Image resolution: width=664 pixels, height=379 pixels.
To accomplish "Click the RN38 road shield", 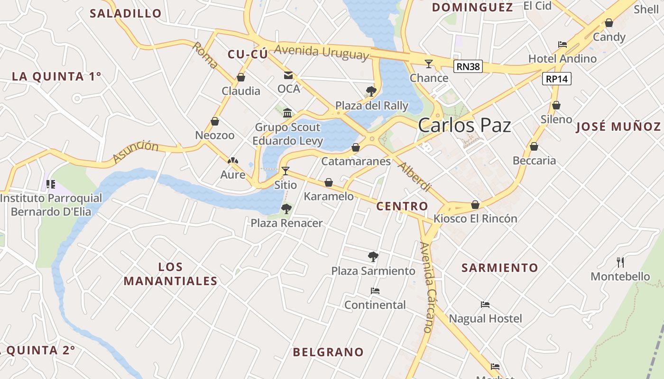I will point(468,66).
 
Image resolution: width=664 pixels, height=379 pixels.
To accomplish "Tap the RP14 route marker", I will point(557,79).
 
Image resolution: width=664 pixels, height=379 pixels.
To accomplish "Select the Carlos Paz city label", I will point(464,125).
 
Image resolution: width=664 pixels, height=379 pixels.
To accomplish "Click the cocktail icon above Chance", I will point(429,63).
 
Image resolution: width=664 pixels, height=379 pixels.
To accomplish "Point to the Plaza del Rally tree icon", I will point(371,91).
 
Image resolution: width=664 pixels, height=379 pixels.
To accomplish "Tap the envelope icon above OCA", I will point(288,75).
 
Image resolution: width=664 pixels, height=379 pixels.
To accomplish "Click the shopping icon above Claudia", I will point(241,77).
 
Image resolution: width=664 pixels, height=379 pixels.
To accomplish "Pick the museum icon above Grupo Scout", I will point(287,113).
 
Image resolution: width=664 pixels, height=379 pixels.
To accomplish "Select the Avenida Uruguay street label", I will point(321,52).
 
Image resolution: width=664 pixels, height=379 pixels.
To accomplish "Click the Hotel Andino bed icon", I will point(563,45).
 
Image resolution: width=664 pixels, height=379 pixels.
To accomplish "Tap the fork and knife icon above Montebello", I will point(620,262).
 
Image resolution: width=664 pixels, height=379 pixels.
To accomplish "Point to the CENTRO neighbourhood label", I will point(402,206).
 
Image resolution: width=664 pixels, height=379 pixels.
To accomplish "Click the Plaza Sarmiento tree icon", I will point(373,257).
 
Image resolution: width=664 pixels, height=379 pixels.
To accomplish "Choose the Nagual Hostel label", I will point(485,318).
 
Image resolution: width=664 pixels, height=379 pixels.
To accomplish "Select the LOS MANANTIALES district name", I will point(171,274).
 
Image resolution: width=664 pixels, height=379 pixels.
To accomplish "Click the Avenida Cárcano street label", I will point(426,287).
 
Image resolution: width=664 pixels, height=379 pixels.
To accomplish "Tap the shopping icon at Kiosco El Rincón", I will point(475,205).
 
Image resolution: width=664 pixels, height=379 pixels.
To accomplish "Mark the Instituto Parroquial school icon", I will point(51,184).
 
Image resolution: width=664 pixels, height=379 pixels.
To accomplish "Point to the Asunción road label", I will point(136,152).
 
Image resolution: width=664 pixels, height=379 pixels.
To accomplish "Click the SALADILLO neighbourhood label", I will point(126,13).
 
